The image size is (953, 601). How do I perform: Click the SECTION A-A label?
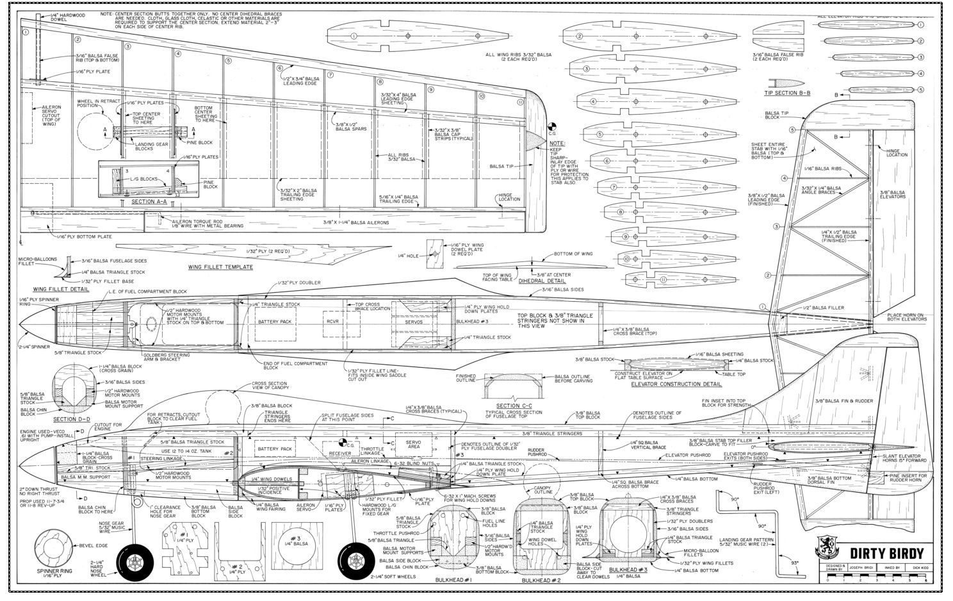point(149,201)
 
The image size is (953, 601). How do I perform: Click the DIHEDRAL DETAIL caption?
point(542,281)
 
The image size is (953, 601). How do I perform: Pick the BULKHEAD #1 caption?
point(453,580)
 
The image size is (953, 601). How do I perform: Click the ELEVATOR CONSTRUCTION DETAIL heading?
point(676,384)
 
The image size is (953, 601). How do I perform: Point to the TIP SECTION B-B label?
point(788,93)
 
